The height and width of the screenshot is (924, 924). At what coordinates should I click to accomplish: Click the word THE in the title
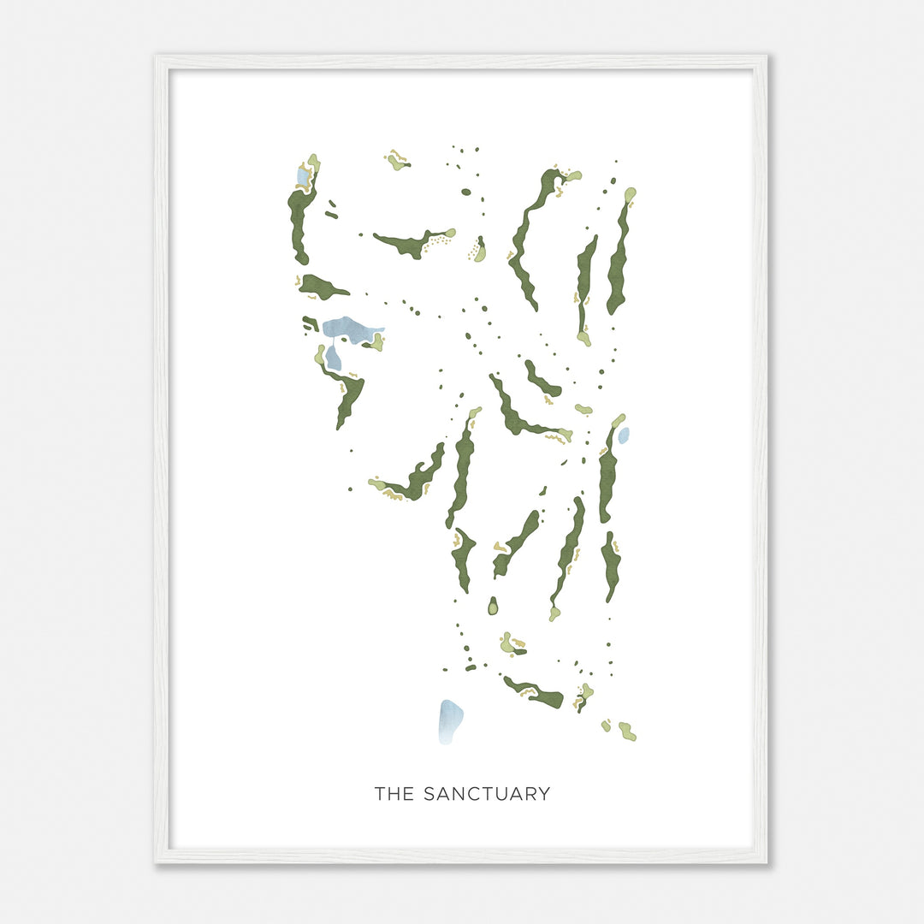pos(394,794)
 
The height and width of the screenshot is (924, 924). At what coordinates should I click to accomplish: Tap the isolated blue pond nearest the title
pos(450,720)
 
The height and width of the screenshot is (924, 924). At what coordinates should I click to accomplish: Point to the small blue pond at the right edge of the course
pos(624,435)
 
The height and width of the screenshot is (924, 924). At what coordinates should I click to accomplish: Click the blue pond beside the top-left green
pos(302,176)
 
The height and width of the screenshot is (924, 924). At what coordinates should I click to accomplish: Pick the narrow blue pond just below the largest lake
pos(333,358)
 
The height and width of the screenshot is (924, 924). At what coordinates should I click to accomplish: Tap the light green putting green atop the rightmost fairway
pos(630,196)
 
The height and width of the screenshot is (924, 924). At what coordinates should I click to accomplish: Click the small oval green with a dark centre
pos(493,607)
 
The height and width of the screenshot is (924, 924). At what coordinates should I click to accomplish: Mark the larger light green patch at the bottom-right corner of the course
pos(628,731)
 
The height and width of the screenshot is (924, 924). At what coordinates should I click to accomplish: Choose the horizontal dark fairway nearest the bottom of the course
pos(535,693)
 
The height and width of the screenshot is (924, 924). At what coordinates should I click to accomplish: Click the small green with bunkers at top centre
pos(396,161)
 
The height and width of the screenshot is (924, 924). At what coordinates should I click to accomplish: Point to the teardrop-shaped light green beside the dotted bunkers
pos(480,251)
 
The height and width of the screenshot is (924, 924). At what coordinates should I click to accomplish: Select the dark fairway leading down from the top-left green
pos(299,222)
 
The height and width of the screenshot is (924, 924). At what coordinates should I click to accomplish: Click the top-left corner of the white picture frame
pos(157,58)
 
